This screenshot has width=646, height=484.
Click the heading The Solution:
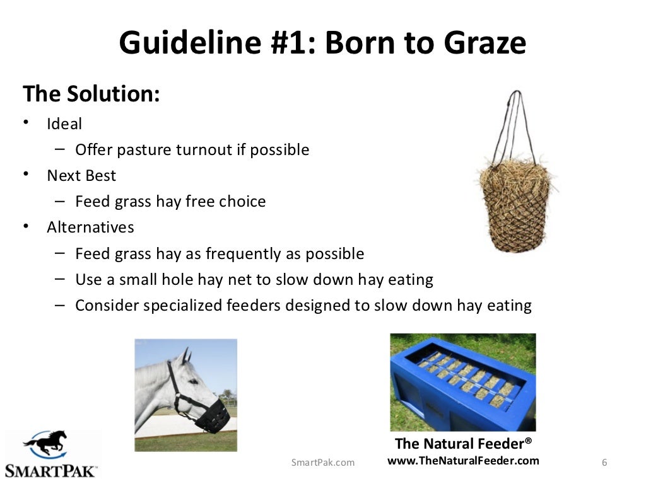coord(91,95)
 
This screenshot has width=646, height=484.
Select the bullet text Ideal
coord(64,124)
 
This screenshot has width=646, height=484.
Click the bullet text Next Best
coord(81,175)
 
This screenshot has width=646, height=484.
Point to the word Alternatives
coord(90,227)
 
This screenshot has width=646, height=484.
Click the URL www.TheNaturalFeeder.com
coord(463,461)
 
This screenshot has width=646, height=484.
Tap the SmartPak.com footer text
coord(323,463)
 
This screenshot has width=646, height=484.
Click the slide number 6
coord(604,463)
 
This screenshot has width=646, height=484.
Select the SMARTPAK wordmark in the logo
coord(50,470)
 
